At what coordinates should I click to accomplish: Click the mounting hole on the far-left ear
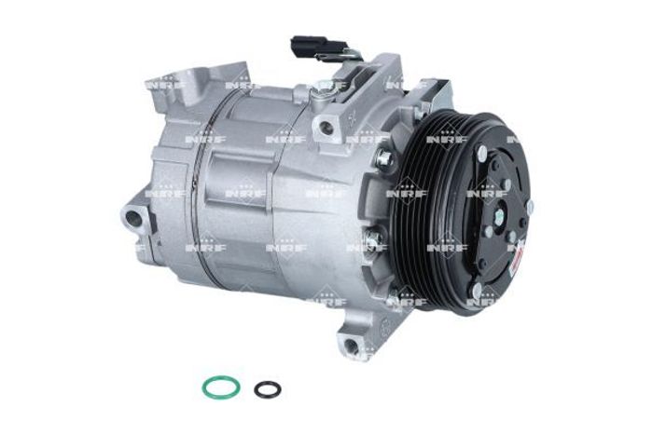133,217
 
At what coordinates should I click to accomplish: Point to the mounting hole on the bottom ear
351,344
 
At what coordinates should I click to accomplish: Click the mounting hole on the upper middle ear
326,127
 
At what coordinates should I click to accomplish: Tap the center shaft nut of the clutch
499,215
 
